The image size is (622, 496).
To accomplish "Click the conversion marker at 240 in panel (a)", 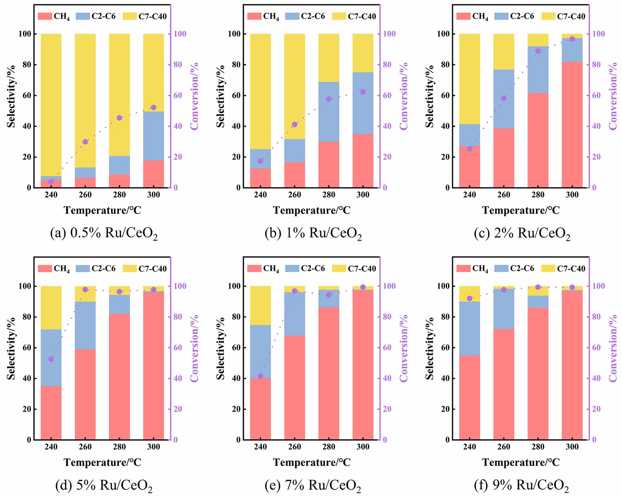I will [51, 182].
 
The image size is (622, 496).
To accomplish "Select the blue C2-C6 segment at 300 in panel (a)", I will [153, 136].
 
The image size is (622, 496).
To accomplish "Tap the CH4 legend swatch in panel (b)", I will [254, 16].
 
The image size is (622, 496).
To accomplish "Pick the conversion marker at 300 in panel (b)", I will [363, 92].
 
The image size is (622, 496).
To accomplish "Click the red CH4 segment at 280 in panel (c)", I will [538, 140].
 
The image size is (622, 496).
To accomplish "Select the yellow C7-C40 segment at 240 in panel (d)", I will [51, 308].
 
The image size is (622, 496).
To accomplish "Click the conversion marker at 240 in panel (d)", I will [51, 359].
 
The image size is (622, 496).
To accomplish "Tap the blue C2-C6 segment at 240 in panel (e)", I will [260, 352].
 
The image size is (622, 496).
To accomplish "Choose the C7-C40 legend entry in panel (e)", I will [355, 269].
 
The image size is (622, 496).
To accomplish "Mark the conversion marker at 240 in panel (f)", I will [470, 298].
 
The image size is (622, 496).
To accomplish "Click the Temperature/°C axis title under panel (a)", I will [102, 210].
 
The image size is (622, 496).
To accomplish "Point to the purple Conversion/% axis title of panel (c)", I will [613, 96].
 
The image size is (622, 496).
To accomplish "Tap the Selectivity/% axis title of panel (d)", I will [12, 348].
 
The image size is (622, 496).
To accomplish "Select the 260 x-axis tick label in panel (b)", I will [294, 195].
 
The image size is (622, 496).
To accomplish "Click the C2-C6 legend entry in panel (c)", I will [515, 16].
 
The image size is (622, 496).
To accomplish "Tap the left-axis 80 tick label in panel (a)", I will [26, 65].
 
